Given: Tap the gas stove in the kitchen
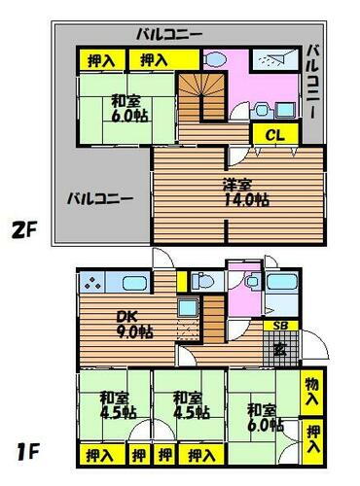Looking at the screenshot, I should pos(93,284).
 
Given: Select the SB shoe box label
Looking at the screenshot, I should pos(279,326).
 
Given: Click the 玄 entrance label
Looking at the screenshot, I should pos(279,346).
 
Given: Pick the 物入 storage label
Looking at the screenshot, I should pos(311,393).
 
